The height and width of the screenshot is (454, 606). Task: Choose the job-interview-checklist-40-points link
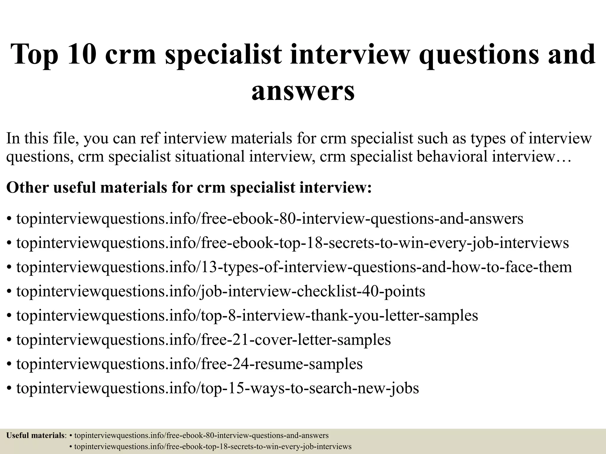221,291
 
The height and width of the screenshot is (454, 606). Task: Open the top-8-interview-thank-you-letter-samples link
247,315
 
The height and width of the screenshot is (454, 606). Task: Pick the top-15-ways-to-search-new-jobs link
217,388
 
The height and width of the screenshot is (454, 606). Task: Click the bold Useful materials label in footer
35,435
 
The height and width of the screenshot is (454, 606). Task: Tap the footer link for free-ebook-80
201,435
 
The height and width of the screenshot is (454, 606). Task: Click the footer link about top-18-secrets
212,447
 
